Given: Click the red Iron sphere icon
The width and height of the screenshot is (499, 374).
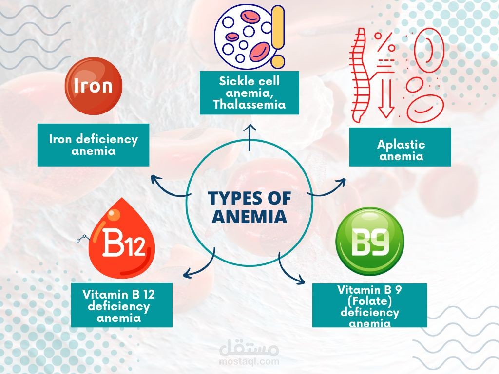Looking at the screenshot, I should (93, 87).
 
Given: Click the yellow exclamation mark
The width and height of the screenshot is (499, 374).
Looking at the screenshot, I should (278, 36).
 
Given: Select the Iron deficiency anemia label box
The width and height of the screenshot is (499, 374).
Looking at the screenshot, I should (94, 145).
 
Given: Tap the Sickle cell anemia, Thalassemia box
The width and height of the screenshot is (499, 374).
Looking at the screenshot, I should (249, 93).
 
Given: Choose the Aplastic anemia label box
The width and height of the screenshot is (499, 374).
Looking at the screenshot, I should (401, 150).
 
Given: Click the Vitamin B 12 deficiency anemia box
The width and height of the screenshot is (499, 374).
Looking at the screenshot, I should (121, 305).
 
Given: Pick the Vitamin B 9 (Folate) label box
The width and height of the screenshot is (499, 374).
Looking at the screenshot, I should (369, 305).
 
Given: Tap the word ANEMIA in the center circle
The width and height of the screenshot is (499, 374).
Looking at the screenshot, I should (249, 216).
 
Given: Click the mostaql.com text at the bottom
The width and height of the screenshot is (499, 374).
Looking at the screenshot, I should (249, 362).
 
